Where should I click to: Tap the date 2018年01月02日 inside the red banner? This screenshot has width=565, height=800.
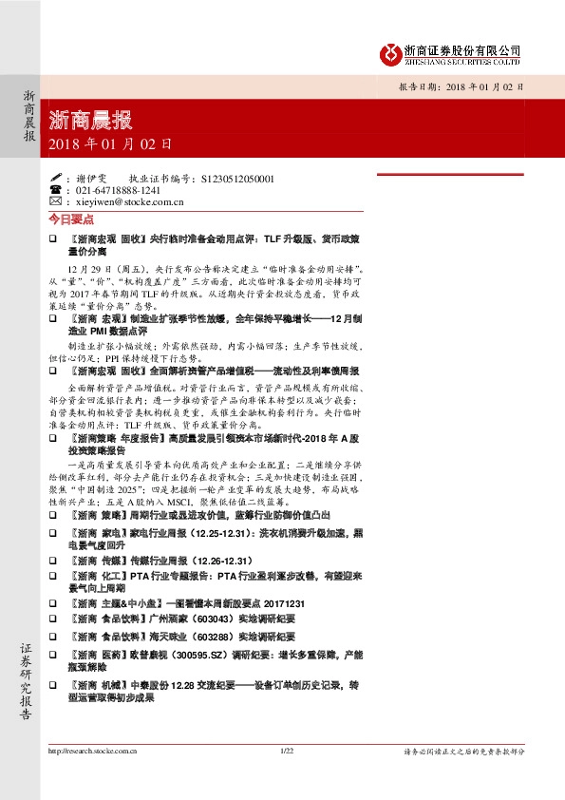click(110, 145)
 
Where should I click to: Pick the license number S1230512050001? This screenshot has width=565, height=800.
click(235, 178)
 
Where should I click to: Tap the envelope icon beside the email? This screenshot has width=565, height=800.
click(54, 201)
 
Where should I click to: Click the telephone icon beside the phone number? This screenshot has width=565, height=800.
click(54, 190)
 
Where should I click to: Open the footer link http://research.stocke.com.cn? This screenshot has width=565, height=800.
click(92, 751)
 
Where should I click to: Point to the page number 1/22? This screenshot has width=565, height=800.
click(290, 751)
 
